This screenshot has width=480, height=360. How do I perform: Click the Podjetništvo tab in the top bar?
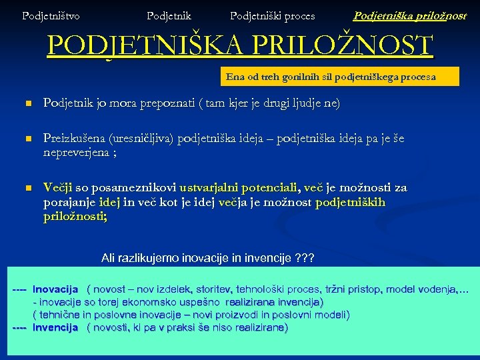coord(51,15)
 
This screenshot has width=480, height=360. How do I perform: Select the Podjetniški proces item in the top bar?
coord(272,15)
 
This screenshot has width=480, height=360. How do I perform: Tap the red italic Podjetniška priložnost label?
coord(409,15)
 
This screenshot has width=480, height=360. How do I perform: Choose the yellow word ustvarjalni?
coord(200,188)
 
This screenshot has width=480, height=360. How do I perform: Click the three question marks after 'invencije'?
coord(305,257)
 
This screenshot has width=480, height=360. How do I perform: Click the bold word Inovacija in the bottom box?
coord(55,289)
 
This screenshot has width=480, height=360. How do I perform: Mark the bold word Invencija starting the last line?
coord(55,327)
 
